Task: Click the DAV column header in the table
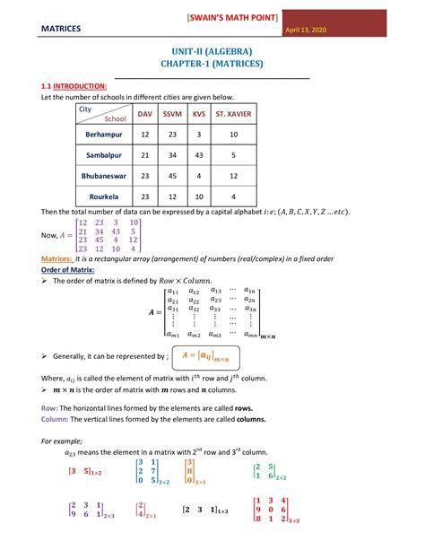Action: pyautogui.click(x=144, y=114)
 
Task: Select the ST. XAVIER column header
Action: pyautogui.click(x=232, y=114)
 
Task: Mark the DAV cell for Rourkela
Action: pyautogui.click(x=144, y=196)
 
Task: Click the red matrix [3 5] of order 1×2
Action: pyautogui.click(x=86, y=470)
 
